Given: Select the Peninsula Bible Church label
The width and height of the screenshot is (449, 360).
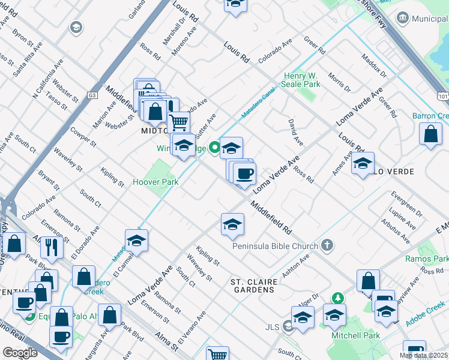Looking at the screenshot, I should pyautogui.click(x=274, y=246).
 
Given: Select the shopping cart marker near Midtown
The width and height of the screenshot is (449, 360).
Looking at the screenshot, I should pyautogui.click(x=179, y=122).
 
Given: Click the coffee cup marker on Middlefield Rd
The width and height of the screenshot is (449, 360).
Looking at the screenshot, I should pyautogui.click(x=244, y=174).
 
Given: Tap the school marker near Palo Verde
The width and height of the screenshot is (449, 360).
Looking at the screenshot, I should pyautogui.click(x=363, y=163).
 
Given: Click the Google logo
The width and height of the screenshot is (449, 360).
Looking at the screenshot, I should pyautogui.click(x=20, y=352).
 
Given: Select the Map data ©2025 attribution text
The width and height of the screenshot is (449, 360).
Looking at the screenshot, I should pyautogui.click(x=424, y=355).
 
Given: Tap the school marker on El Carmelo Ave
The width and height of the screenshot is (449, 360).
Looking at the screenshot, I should pyautogui.click(x=137, y=241).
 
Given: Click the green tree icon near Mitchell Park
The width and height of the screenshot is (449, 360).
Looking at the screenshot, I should pyautogui.click(x=339, y=298).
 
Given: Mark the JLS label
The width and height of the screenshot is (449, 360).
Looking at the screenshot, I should pyautogui.click(x=273, y=328).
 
